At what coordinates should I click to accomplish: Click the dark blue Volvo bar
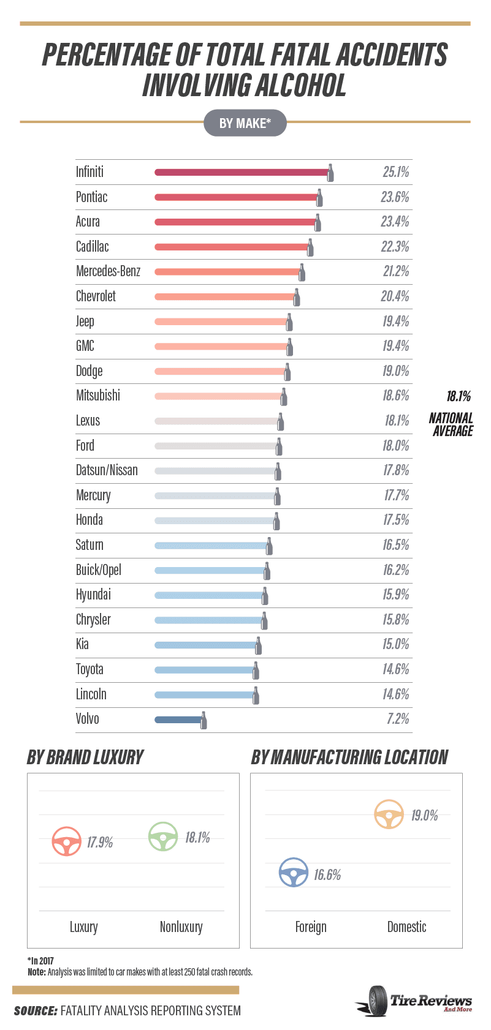click(x=178, y=720)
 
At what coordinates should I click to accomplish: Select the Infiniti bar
click(x=242, y=173)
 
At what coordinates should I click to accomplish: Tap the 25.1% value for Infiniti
click(x=396, y=172)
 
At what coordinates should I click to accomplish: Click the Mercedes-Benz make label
click(x=108, y=271)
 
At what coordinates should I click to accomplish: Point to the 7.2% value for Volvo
click(x=398, y=719)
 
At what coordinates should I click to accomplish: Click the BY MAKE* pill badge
click(x=245, y=122)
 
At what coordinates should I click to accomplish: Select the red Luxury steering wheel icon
click(x=67, y=841)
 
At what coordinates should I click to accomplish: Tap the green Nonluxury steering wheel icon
click(x=163, y=836)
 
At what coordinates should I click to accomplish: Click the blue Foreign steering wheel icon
click(x=294, y=872)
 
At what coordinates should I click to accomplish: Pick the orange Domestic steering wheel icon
click(x=389, y=814)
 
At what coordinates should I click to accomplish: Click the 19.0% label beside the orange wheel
click(x=424, y=816)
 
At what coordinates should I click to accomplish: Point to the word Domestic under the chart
click(x=407, y=927)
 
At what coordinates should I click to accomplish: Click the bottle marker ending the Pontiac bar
click(x=319, y=197)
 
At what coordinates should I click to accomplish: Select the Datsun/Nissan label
click(x=107, y=470)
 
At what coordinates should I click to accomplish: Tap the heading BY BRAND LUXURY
click(x=85, y=757)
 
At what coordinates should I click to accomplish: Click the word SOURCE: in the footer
click(x=36, y=1010)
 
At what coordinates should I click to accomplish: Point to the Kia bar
click(x=206, y=645)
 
